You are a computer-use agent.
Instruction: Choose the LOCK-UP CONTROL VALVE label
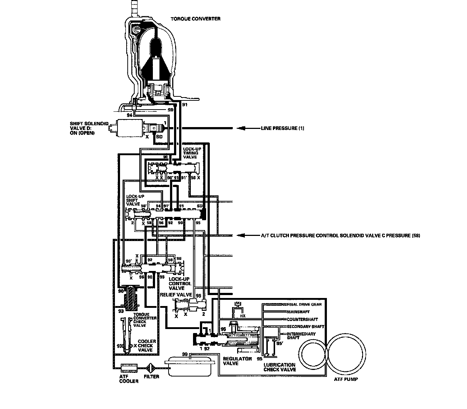180,284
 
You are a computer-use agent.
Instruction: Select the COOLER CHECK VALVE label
147,345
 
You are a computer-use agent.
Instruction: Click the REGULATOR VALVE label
238,361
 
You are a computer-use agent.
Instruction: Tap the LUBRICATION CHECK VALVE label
279,367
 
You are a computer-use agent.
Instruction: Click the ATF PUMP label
346,379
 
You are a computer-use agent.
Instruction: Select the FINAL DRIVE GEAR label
304,304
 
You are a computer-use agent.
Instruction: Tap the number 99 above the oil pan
185,354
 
